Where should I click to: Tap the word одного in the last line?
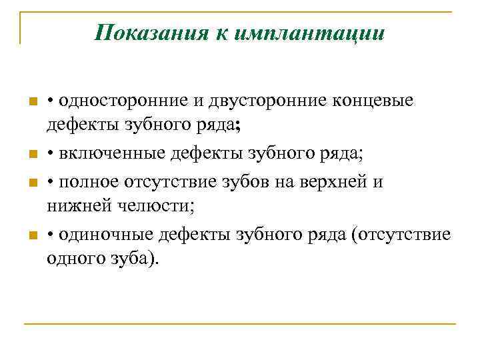pyautogui.click(x=71, y=258)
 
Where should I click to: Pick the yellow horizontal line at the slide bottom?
pyautogui.click(x=239, y=325)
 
